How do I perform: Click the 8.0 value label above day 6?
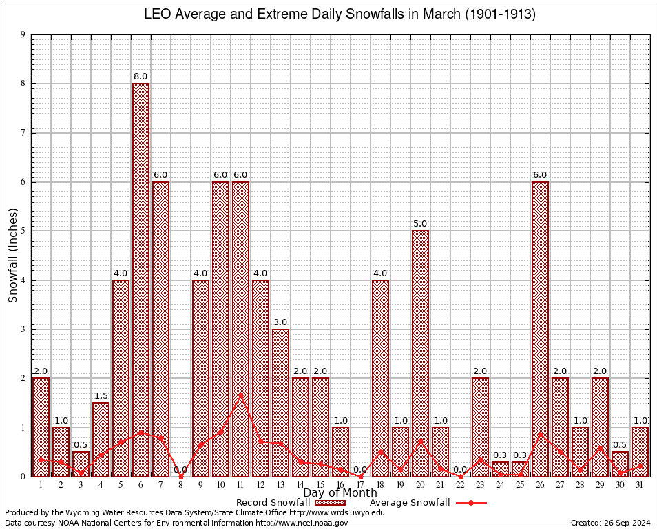(x=140, y=76)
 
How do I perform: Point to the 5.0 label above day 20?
(x=420, y=224)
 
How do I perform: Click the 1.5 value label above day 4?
(x=101, y=395)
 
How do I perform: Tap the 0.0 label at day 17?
(x=360, y=470)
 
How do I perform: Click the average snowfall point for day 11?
(x=240, y=395)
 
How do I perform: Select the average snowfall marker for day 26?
(x=540, y=434)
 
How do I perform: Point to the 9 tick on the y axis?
(x=23, y=34)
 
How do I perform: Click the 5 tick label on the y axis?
(x=23, y=231)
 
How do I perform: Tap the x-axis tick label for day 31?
(x=640, y=485)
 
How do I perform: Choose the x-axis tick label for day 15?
(x=320, y=485)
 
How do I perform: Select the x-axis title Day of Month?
(x=340, y=493)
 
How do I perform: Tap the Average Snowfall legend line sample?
(x=471, y=503)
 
